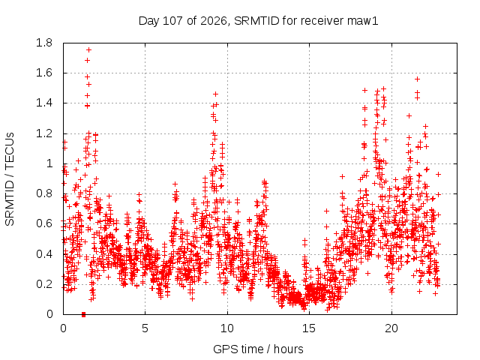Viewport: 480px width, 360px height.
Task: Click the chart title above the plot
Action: [x=258, y=21]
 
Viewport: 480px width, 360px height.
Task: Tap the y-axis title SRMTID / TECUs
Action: [x=10, y=179]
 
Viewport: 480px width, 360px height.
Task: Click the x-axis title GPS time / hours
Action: [x=258, y=349]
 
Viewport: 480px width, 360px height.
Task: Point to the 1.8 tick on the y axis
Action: [x=44, y=43]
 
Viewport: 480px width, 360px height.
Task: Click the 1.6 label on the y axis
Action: [x=44, y=73]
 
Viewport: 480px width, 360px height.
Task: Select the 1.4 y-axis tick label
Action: [x=44, y=103]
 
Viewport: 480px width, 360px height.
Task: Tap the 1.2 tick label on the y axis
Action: [x=44, y=133]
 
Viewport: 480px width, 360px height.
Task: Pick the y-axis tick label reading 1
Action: [x=50, y=163]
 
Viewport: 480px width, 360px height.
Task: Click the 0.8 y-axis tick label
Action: [x=44, y=193]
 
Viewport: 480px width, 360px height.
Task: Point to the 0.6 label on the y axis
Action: [x=44, y=223]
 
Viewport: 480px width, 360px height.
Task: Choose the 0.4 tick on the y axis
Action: [x=44, y=254]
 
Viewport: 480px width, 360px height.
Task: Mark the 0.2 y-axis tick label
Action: [x=44, y=284]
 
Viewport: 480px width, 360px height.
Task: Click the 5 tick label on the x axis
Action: [x=145, y=328]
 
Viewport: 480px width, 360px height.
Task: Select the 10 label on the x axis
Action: [x=227, y=328]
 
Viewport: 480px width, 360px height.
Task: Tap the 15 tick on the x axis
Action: [x=309, y=328]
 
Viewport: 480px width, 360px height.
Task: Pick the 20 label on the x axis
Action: [x=391, y=328]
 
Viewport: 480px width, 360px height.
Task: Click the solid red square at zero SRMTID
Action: [x=83, y=314]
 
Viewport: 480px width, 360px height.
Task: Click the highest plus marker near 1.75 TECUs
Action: [x=88, y=50]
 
